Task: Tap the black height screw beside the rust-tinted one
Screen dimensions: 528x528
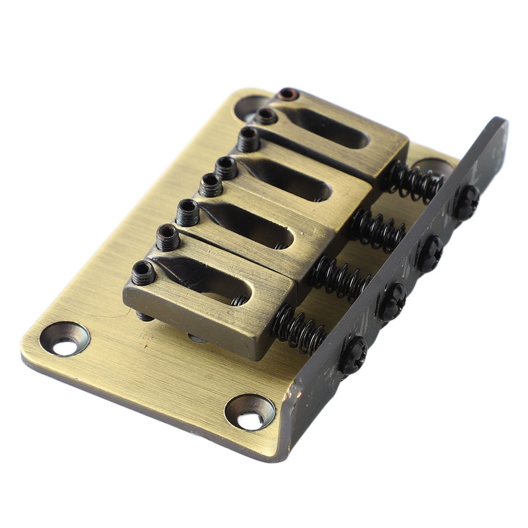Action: tap(267, 116)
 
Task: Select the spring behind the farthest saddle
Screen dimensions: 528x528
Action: tap(414, 180)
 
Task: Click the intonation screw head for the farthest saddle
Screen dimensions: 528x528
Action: tap(466, 202)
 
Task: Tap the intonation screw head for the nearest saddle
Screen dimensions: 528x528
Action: tap(353, 355)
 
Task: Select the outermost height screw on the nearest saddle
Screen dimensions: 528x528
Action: tap(143, 272)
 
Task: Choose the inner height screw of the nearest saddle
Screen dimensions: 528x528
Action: tap(168, 237)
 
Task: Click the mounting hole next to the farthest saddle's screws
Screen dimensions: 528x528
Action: tap(251, 108)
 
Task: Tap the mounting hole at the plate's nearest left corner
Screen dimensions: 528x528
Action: tap(64, 339)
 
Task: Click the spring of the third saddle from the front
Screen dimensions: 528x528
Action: tap(377, 229)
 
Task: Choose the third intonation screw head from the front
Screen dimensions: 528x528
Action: tap(430, 253)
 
